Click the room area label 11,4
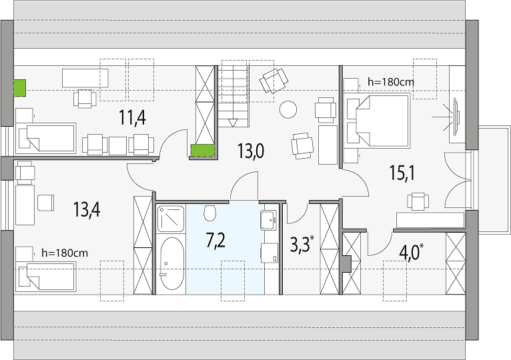[x=132, y=117]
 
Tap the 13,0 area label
[x=251, y=151]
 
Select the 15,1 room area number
[x=402, y=173]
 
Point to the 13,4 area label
[x=87, y=209]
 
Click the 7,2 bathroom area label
[x=215, y=241]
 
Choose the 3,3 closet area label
[x=300, y=245]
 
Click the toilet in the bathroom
[x=210, y=213]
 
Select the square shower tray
[x=170, y=218]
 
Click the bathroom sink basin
[x=268, y=220]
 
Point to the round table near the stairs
[x=288, y=109]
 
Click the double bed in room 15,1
[x=378, y=120]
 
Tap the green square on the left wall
[x=19, y=88]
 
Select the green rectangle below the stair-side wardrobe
[x=203, y=151]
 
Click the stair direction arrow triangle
[x=233, y=123]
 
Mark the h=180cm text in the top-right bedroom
[x=391, y=82]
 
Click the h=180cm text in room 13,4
[x=65, y=253]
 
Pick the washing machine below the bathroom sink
[x=269, y=253]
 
